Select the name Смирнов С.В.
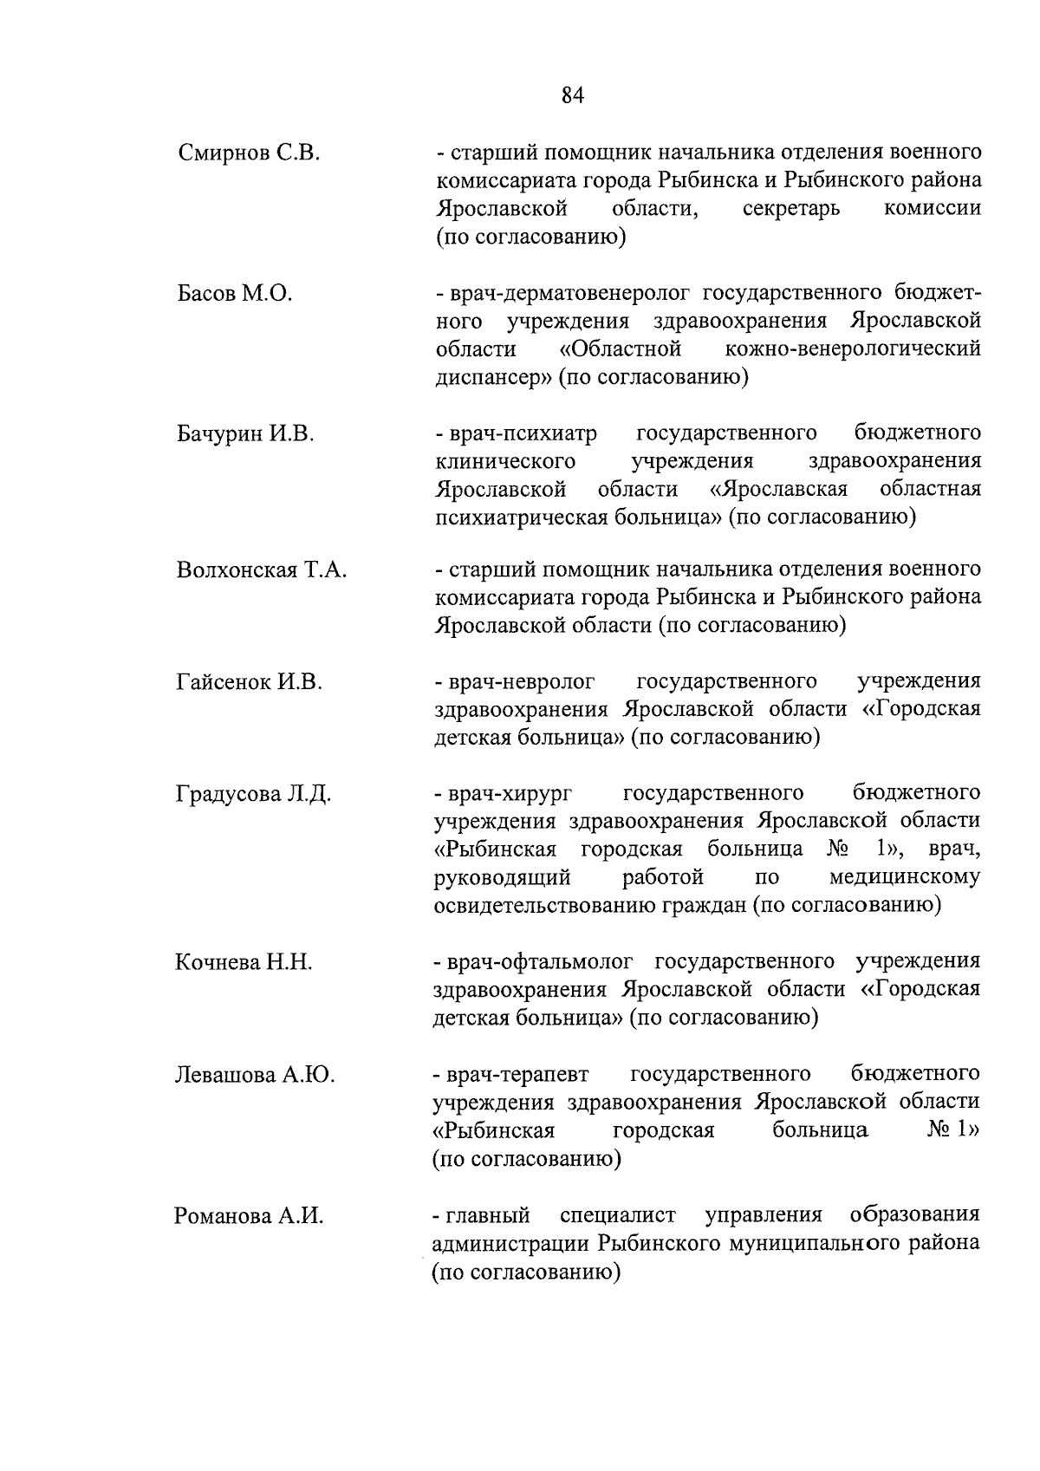coord(250,154)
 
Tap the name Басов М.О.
coord(234,294)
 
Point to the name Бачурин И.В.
coord(245,433)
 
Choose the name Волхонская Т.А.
coord(261,570)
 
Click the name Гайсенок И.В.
coord(249,682)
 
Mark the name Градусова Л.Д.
coord(253,794)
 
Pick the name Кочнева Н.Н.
coord(244,962)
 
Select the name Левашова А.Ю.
coord(255,1075)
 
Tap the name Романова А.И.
coord(249,1216)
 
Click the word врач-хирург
coord(512,794)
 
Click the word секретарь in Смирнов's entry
coord(791,209)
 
